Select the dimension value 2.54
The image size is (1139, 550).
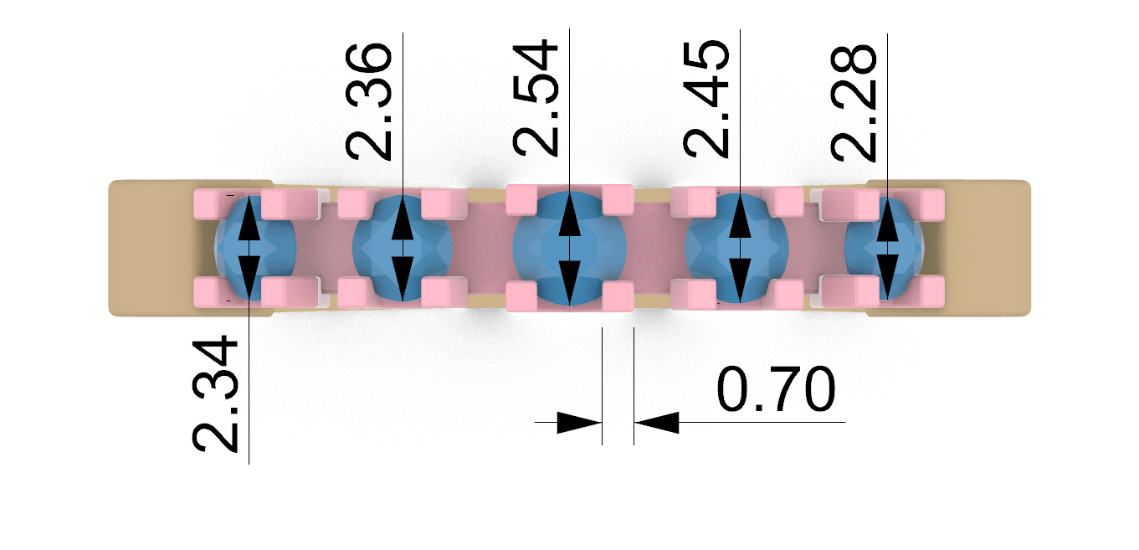(536, 99)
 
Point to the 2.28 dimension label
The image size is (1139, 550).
(854, 104)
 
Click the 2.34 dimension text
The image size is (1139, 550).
(214, 394)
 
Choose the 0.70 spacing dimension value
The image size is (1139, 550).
(776, 391)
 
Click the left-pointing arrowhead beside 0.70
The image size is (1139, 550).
(656, 422)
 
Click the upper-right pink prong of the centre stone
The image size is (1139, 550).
(618, 198)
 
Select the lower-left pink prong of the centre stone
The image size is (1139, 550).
(521, 296)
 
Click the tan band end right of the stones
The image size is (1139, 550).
(988, 248)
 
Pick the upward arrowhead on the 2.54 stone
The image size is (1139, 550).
(569, 213)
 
